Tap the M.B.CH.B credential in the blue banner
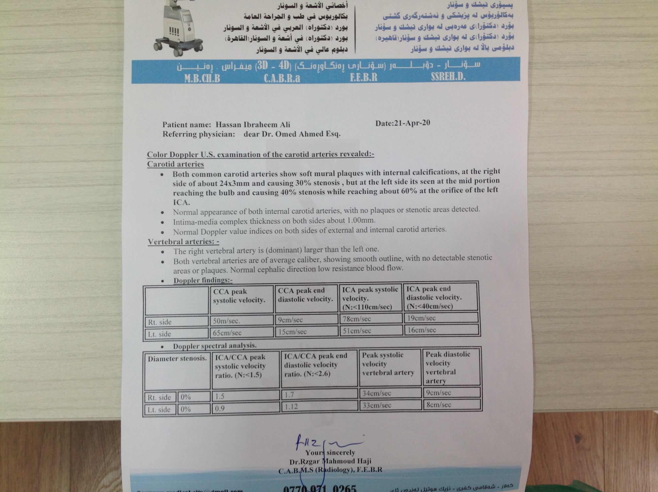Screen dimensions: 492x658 coord(202,78)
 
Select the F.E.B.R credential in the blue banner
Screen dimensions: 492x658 coord(364,78)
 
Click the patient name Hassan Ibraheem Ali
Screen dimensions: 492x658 coord(253,125)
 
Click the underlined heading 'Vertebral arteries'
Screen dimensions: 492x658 coord(183,241)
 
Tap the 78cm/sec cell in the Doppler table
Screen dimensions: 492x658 coord(356,319)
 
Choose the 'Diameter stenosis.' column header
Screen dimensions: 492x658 coord(177,359)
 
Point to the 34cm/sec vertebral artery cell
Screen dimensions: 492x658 coord(376,393)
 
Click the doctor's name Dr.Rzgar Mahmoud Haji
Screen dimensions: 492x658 coord(330,461)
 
